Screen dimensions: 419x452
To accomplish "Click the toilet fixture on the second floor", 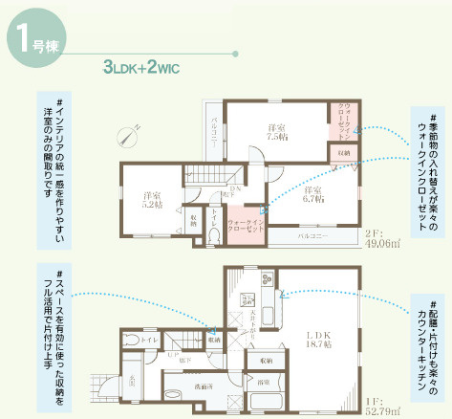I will tap(213, 230).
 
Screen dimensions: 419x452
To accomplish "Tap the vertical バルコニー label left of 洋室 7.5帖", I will tap(215, 129).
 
